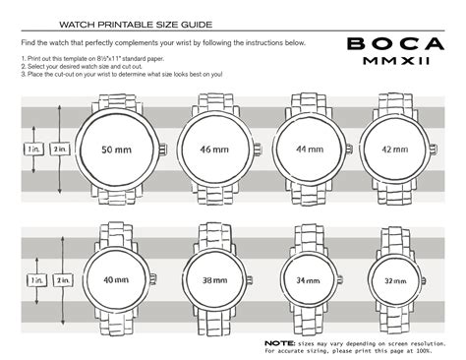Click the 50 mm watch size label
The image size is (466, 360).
(117, 149)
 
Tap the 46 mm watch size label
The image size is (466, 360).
(214, 149)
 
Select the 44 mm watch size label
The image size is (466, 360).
(307, 149)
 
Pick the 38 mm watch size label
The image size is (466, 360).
(215, 279)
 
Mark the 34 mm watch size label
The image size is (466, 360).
(309, 279)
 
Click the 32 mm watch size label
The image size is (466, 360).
(395, 279)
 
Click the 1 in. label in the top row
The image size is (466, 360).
(33, 149)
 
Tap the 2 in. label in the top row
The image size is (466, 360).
(60, 149)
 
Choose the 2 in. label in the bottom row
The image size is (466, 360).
(63, 279)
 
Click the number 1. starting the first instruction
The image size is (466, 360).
(23, 60)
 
